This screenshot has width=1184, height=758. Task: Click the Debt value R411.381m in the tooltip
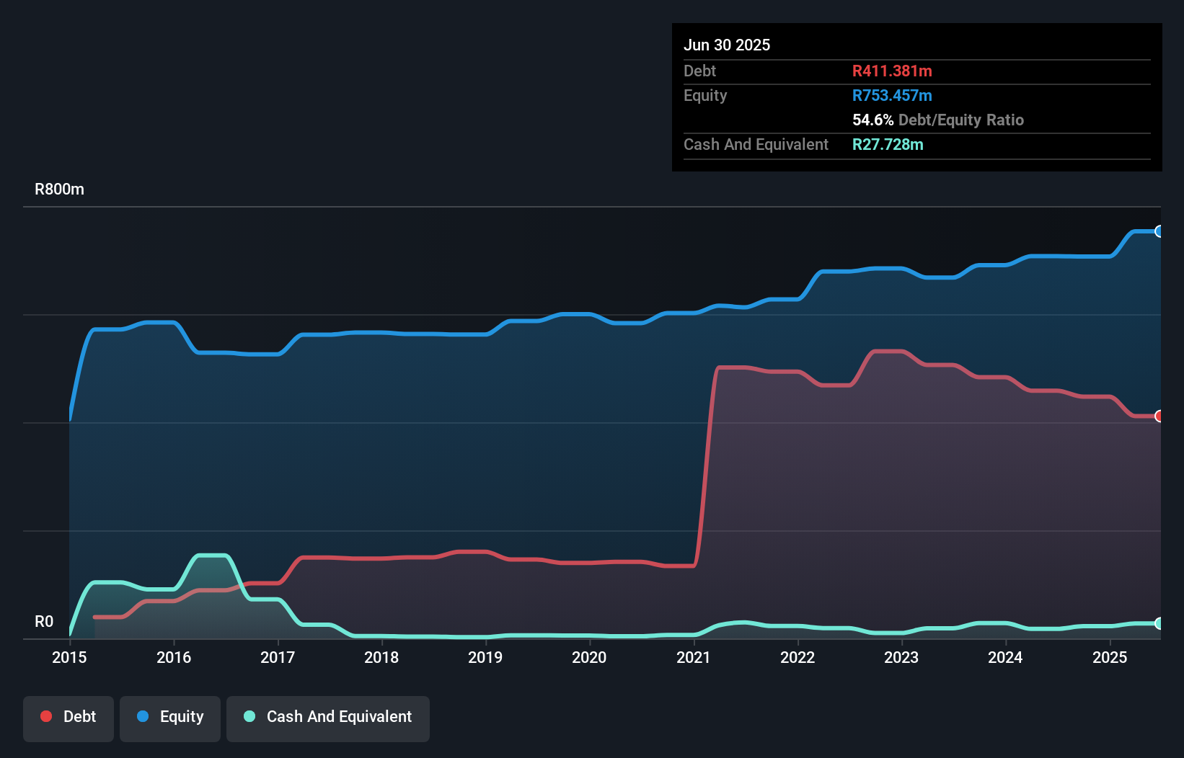click(892, 71)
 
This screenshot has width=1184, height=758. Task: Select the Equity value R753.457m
click(892, 95)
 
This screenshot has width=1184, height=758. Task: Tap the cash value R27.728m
click(888, 144)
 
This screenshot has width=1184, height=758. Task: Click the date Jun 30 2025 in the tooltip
click(727, 45)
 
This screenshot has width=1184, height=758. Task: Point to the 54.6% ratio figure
click(872, 120)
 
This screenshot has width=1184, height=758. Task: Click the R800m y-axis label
click(59, 189)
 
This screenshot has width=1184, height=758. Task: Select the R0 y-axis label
click(44, 621)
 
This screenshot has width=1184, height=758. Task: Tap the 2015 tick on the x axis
click(69, 657)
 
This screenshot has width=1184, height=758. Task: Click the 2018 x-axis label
click(381, 657)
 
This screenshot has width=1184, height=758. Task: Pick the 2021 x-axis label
click(694, 657)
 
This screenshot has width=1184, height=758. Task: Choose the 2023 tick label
click(901, 657)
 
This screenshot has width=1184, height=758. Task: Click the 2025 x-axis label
click(1110, 657)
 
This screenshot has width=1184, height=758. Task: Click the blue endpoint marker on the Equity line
click(1159, 231)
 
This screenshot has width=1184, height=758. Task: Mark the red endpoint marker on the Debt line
click(1159, 416)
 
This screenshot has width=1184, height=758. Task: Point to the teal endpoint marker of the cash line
click(1159, 623)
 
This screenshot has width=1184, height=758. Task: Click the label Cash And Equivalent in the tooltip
click(756, 144)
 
